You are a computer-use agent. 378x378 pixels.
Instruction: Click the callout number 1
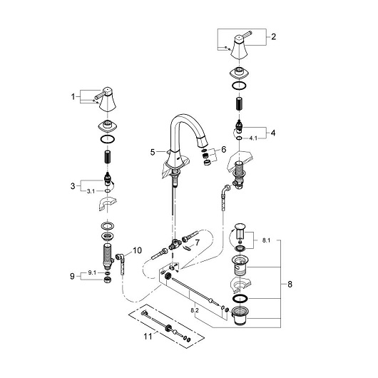point(73,97)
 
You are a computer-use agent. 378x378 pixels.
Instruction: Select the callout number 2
point(273,36)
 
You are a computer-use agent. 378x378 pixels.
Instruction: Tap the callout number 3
point(73,186)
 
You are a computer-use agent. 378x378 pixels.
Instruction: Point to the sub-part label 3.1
point(91,191)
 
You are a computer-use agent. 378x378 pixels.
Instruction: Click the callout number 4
point(273,133)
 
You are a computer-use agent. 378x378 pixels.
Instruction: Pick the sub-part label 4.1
point(253,138)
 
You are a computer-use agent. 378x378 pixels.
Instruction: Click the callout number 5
point(153,152)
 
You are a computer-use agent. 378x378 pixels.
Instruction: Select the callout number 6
point(224,150)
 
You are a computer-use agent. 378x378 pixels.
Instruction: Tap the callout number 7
point(198,242)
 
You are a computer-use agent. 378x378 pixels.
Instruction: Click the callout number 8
point(290,285)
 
